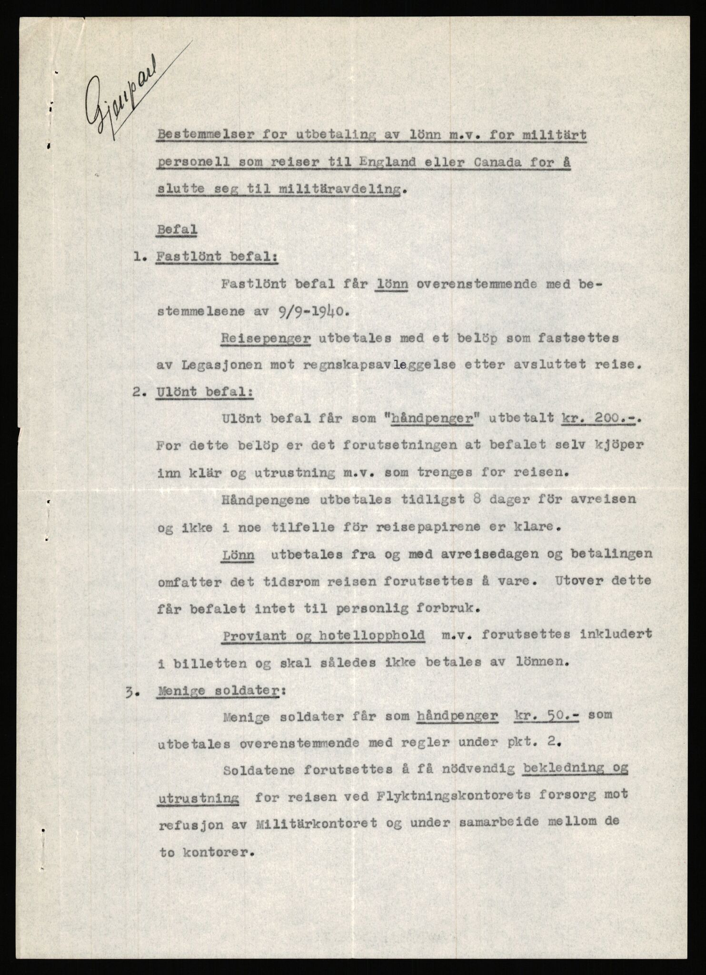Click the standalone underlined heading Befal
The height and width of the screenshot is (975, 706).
pyautogui.click(x=177, y=229)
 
